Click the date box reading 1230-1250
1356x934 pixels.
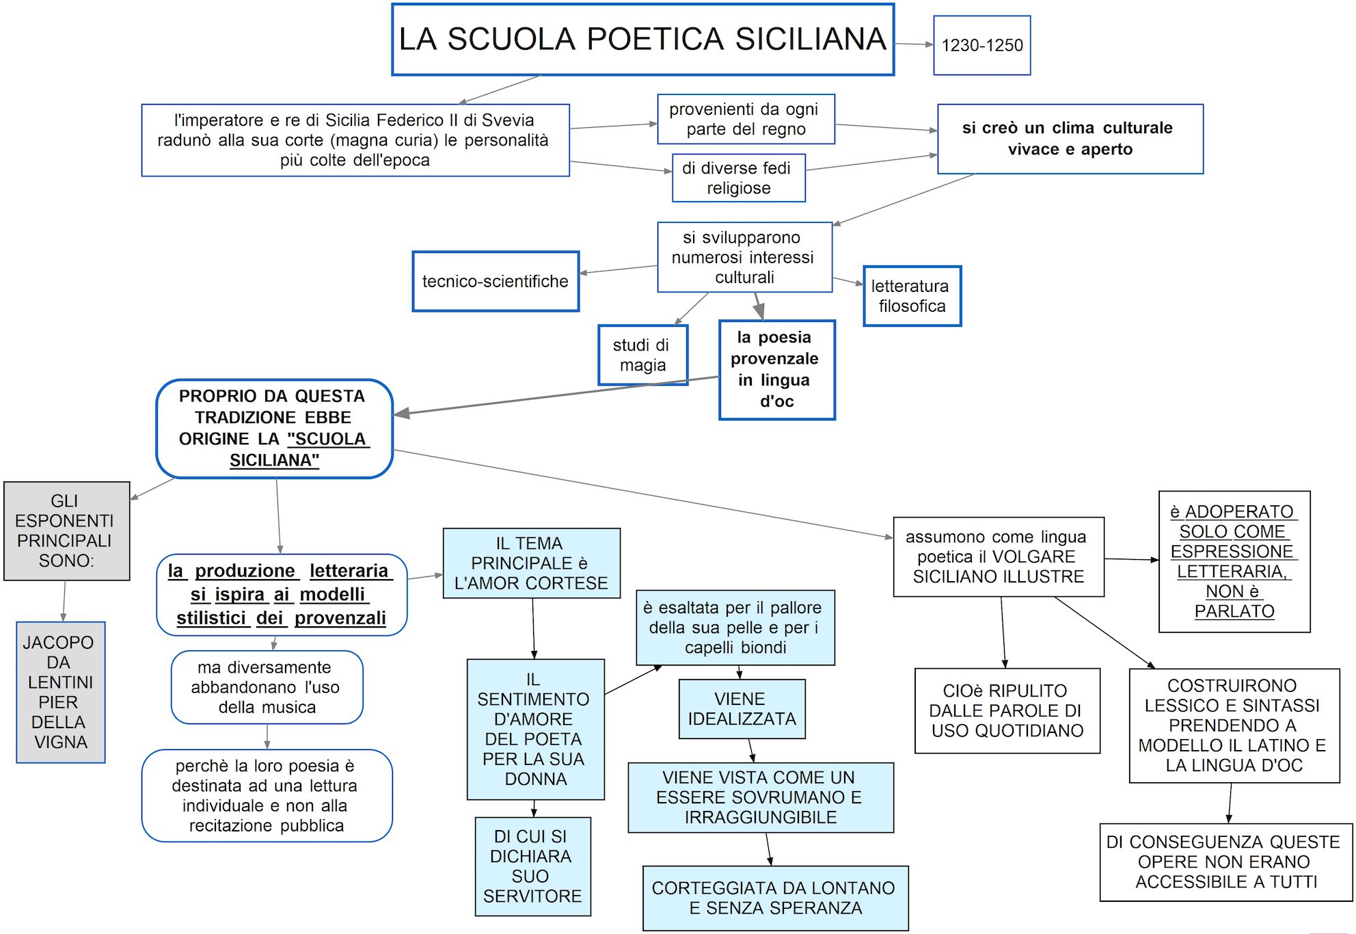[x=981, y=45]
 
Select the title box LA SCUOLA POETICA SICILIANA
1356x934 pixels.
[x=642, y=40]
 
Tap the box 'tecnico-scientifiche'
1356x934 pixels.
[x=496, y=281]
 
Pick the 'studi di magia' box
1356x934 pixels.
[x=642, y=355]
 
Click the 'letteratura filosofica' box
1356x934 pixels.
[x=912, y=296]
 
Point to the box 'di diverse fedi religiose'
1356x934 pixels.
[x=738, y=178]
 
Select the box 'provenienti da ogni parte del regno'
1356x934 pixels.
[x=746, y=119]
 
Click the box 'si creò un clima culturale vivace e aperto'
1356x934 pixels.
[x=1070, y=139]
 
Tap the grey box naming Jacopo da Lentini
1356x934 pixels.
[x=60, y=692]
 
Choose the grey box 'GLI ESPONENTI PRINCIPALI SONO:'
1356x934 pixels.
[x=66, y=531]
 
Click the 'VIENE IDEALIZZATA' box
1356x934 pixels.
[x=742, y=709]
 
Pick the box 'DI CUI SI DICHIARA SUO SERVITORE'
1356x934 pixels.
[x=532, y=866]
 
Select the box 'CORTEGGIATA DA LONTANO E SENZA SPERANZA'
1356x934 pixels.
[x=775, y=898]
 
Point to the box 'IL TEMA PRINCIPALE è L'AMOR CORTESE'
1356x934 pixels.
[x=531, y=563]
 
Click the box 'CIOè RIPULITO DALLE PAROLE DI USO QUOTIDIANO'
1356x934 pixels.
[x=1007, y=710]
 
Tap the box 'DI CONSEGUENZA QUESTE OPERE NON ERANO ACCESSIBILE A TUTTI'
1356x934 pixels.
[x=1225, y=862]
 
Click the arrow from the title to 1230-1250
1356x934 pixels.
[x=914, y=44]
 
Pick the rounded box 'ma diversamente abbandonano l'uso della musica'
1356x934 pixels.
[x=267, y=687]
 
